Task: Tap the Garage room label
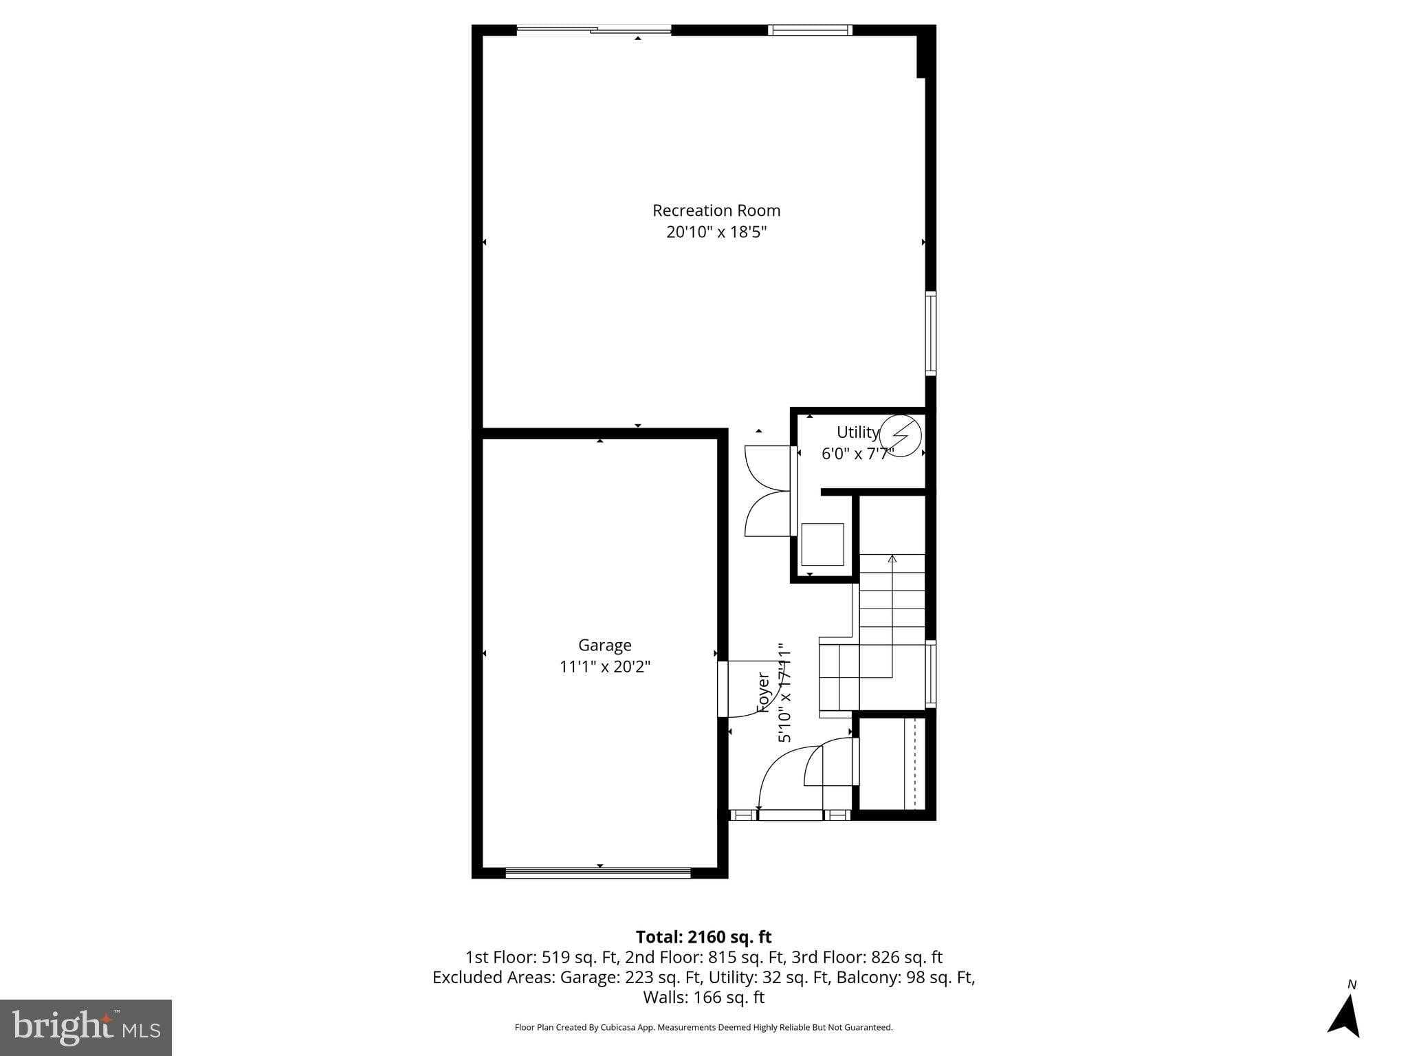(604, 645)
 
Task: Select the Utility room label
(857, 432)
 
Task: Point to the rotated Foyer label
(763, 692)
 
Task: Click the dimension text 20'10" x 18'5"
(716, 232)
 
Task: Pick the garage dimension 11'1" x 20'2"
(604, 666)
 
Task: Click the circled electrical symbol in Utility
(901, 435)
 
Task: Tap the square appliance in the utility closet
(822, 544)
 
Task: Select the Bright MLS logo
(86, 1027)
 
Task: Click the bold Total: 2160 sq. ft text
(703, 937)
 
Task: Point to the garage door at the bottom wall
(598, 872)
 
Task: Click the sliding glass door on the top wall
(594, 30)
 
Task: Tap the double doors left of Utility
(768, 490)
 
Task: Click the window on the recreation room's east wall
(930, 333)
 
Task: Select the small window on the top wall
(810, 30)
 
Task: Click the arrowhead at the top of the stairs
(892, 558)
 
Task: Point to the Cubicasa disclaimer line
(703, 1027)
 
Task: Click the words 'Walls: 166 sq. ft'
(703, 997)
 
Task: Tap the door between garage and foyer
(723, 689)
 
